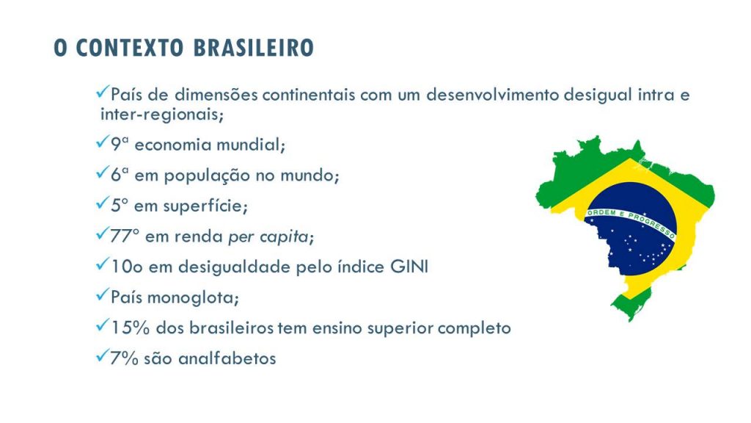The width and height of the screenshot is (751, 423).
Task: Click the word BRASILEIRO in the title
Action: [253, 48]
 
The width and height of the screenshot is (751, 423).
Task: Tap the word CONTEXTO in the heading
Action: [130, 48]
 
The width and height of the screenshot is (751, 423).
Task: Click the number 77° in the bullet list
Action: [125, 236]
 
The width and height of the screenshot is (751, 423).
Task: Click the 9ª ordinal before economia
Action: [120, 145]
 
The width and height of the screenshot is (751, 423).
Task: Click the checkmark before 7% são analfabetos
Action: [103, 356]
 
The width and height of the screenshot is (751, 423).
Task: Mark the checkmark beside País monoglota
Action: [103, 294]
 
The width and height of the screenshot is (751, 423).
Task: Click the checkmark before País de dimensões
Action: [103, 92]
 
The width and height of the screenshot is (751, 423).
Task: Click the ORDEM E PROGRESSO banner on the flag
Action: [631, 222]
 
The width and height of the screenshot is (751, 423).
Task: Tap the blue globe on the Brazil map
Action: [631, 229]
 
